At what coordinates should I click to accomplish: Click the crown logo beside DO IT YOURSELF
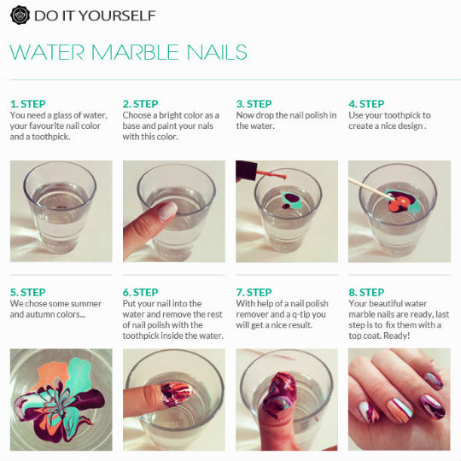20,15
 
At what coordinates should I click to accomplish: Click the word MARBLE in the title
135,52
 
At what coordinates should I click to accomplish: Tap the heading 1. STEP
28,104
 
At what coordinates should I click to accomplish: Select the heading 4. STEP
366,104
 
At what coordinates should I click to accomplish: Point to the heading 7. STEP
254,292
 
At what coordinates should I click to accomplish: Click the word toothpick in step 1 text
50,137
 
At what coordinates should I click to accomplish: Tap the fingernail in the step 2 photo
167,211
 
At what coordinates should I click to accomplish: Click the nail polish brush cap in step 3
247,171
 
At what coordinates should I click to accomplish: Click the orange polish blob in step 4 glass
398,204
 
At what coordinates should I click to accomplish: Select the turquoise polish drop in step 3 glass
292,201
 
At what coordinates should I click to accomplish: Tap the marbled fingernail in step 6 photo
176,394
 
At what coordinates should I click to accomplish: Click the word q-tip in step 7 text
298,314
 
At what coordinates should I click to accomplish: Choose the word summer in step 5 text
86,304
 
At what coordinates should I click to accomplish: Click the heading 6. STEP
141,292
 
